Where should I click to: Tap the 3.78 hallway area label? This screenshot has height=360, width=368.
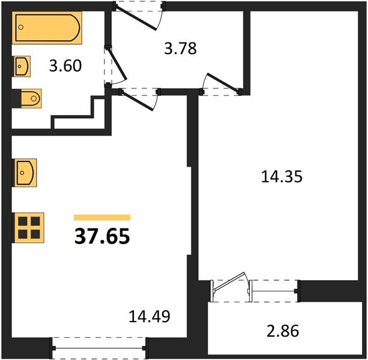(181, 47)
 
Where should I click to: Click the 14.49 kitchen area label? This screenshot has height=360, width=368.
(150, 316)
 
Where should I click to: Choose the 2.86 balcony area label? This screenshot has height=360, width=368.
(282, 330)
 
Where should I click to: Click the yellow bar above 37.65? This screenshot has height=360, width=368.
(102, 217)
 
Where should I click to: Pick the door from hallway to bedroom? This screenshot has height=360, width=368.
(220, 85)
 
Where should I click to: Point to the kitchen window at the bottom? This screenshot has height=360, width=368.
(99, 346)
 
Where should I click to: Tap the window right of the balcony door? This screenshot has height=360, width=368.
(274, 287)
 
